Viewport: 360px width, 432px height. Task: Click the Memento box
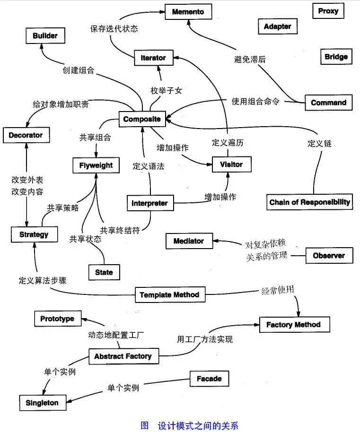coord(188,11)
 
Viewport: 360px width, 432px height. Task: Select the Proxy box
coord(328,11)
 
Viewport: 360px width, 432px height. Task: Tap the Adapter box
coord(277,26)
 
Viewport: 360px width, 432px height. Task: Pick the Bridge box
coord(336,57)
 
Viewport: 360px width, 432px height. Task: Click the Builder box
coord(45,35)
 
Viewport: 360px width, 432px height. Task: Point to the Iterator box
coord(153,58)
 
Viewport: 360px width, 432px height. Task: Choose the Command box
coord(328,103)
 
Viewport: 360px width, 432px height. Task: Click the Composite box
coord(142,119)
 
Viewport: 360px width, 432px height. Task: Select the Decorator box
coord(26,135)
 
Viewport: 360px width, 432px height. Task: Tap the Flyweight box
coord(96,165)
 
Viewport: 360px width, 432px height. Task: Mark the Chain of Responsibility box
coord(310,202)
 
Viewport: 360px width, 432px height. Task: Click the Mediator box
coord(189,241)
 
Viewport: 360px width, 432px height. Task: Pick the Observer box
coord(329,256)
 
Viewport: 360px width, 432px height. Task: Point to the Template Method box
coord(169,295)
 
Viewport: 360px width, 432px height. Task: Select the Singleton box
coord(42,403)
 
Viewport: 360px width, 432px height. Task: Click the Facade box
coord(209,379)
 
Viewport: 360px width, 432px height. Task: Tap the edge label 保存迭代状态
coord(114,28)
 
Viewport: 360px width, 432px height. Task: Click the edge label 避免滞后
coord(250,60)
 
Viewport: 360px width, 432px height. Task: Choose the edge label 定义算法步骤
coord(43,280)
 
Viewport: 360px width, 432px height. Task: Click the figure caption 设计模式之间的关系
coord(198,425)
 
